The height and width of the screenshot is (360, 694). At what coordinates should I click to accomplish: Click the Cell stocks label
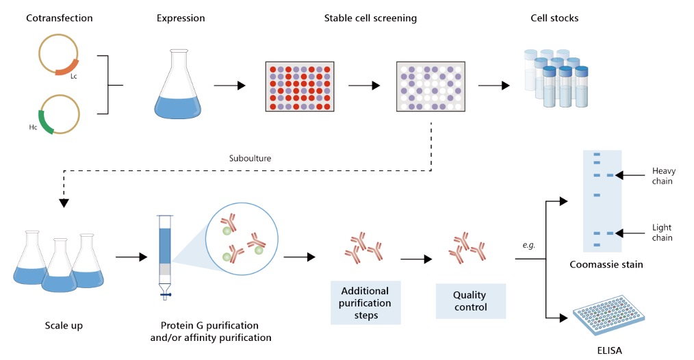point(554,18)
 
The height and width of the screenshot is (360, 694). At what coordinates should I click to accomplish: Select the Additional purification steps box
point(365,302)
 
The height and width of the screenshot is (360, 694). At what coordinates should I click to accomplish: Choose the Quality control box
point(470,301)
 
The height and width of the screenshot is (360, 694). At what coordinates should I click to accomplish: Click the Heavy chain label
point(663,176)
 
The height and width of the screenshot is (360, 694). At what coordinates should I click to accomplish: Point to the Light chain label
point(663,233)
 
